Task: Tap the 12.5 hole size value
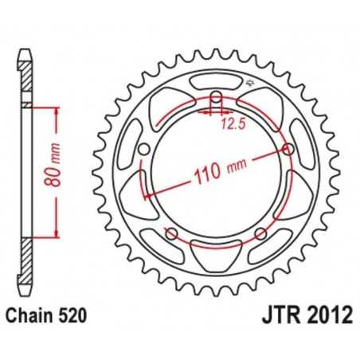point(230,123)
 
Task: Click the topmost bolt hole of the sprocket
point(215,97)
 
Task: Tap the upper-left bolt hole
point(144,151)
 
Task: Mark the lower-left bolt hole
point(171,233)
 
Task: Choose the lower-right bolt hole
point(260,233)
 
